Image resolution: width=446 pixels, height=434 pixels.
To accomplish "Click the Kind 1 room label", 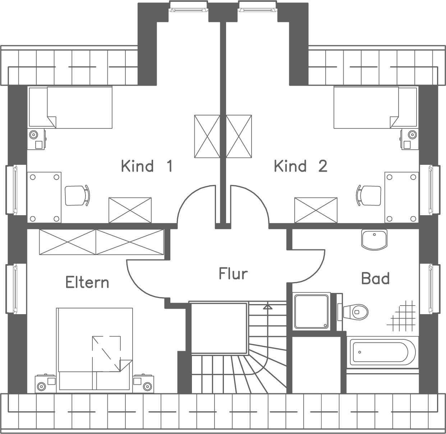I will tap(147, 166).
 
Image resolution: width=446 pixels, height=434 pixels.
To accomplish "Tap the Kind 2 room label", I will tap(300, 166).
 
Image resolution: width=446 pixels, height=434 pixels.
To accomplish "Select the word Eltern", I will tap(87, 282).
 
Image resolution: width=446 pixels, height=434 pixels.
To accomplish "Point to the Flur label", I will tap(233, 274).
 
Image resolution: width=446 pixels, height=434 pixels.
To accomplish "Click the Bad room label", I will tap(375, 279).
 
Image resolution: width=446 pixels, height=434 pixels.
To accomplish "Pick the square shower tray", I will tap(311, 311).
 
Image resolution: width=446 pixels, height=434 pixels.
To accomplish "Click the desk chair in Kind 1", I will tap(77, 195).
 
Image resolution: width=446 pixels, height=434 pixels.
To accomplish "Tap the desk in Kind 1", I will tap(44, 197).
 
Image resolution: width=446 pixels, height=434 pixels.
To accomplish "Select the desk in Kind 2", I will tap(401, 197).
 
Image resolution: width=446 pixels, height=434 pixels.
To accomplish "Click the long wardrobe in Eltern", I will tap(101, 242).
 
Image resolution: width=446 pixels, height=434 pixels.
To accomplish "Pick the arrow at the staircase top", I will tap(267, 307).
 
